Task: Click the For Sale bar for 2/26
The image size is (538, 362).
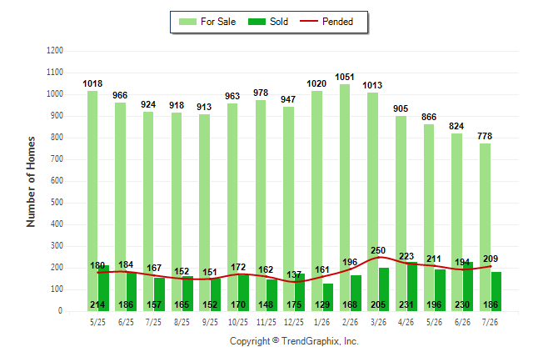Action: coord(345,198)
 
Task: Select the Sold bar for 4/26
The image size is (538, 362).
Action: coord(412,286)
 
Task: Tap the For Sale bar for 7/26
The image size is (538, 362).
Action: coord(486,227)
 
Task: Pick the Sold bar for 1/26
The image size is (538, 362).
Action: coord(327,298)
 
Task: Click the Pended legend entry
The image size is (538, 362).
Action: coord(326,22)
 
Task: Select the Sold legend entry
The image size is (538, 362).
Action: coord(268,22)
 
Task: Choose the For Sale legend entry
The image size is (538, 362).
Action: coord(207,22)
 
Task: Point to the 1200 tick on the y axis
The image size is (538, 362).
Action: coord(55,51)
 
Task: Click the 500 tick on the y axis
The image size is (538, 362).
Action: coord(57,203)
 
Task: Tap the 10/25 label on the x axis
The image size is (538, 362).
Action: coord(238,322)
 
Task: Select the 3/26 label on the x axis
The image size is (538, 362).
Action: coord(378,322)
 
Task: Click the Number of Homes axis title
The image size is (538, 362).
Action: coord(31,182)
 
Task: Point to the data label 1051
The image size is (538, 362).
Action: coord(345,77)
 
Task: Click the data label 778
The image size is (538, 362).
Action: coord(485,136)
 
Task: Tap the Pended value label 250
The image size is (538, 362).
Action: coord(378,250)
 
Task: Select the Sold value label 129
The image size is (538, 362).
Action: coord(322,304)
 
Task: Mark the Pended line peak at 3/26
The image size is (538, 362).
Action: coord(379,257)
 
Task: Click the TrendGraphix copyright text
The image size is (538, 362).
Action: coord(294,341)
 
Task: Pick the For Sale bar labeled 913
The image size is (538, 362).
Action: coord(204,213)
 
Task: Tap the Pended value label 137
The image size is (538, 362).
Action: coord(294,274)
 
